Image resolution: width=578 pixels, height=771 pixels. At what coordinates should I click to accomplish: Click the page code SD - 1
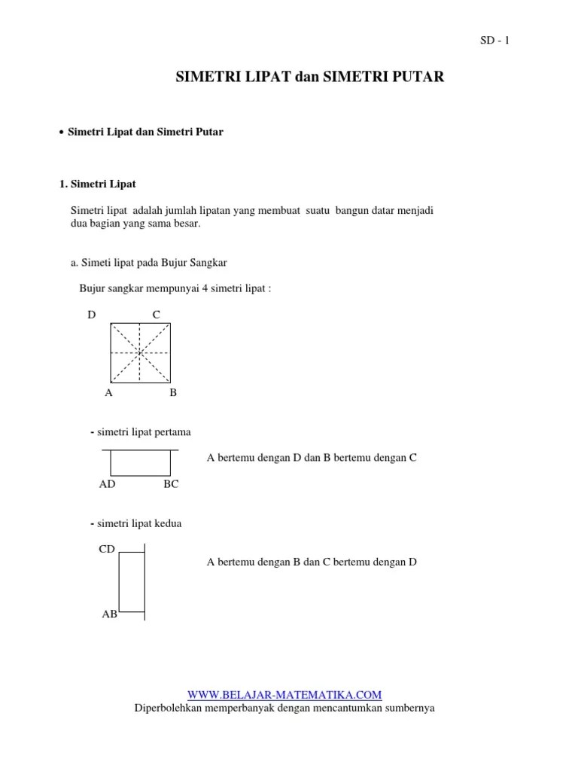[494, 41]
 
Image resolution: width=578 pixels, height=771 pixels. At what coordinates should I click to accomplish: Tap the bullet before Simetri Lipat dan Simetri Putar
[61, 133]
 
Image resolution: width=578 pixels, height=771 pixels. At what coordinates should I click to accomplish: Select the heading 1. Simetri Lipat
[98, 184]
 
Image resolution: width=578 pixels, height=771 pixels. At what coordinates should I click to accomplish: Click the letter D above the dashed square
[92, 315]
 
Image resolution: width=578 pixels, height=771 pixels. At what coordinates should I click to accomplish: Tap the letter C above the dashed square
[157, 315]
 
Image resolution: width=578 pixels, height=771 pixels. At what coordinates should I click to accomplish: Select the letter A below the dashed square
[108, 392]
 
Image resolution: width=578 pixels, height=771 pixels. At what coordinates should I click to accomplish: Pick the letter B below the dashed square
[173, 392]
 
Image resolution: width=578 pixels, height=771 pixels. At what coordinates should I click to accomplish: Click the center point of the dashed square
[140, 352]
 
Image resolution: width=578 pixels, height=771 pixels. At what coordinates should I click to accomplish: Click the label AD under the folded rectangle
[107, 484]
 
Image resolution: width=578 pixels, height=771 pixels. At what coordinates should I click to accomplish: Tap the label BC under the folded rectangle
[171, 484]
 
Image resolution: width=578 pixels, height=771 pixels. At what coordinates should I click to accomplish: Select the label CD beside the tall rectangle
[107, 549]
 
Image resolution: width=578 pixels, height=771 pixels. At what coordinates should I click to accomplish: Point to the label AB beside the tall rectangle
[109, 614]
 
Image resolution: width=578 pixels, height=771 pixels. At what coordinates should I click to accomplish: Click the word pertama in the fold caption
[173, 432]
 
